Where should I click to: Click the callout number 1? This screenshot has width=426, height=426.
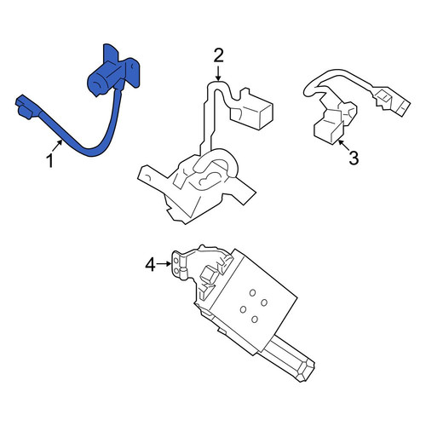pyautogui.click(x=50, y=161)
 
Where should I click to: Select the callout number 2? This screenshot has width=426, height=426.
pyautogui.click(x=218, y=55)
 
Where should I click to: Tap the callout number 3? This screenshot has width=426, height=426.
pyautogui.click(x=354, y=158)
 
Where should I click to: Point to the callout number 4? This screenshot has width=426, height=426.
pyautogui.click(x=150, y=265)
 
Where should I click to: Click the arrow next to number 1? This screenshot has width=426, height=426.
pyautogui.click(x=57, y=146)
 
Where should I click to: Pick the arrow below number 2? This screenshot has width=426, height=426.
pyautogui.click(x=218, y=73)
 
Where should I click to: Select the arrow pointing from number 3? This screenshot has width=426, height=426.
pyautogui.click(x=343, y=145)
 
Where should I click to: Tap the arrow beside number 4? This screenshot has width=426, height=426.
pyautogui.click(x=164, y=264)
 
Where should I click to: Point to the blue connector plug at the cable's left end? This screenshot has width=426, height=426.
pyautogui.click(x=26, y=106)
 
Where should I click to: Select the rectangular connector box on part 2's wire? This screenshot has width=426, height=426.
pyautogui.click(x=251, y=110)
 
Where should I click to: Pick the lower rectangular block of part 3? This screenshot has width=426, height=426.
pyautogui.click(x=329, y=131)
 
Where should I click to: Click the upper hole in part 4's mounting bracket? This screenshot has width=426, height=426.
pyautogui.click(x=176, y=260)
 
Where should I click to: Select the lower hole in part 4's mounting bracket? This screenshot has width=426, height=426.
pyautogui.click(x=176, y=271)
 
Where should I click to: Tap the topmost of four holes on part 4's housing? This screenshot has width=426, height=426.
pyautogui.click(x=252, y=293)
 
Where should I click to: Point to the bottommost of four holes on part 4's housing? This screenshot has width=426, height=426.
pyautogui.click(x=255, y=319)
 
